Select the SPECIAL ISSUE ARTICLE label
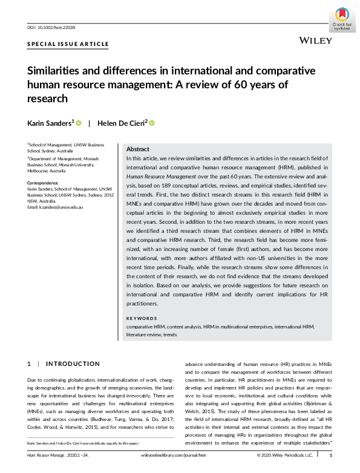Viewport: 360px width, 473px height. [x=68, y=44]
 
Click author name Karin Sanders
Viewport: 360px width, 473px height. [x=50, y=123]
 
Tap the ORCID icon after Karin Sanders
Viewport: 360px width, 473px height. [x=79, y=123]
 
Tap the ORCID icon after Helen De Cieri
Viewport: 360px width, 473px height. [x=151, y=123]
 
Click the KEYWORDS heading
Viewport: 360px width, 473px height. [x=142, y=318]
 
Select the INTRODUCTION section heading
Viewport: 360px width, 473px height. [x=73, y=364]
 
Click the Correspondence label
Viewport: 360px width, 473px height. [x=43, y=181]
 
